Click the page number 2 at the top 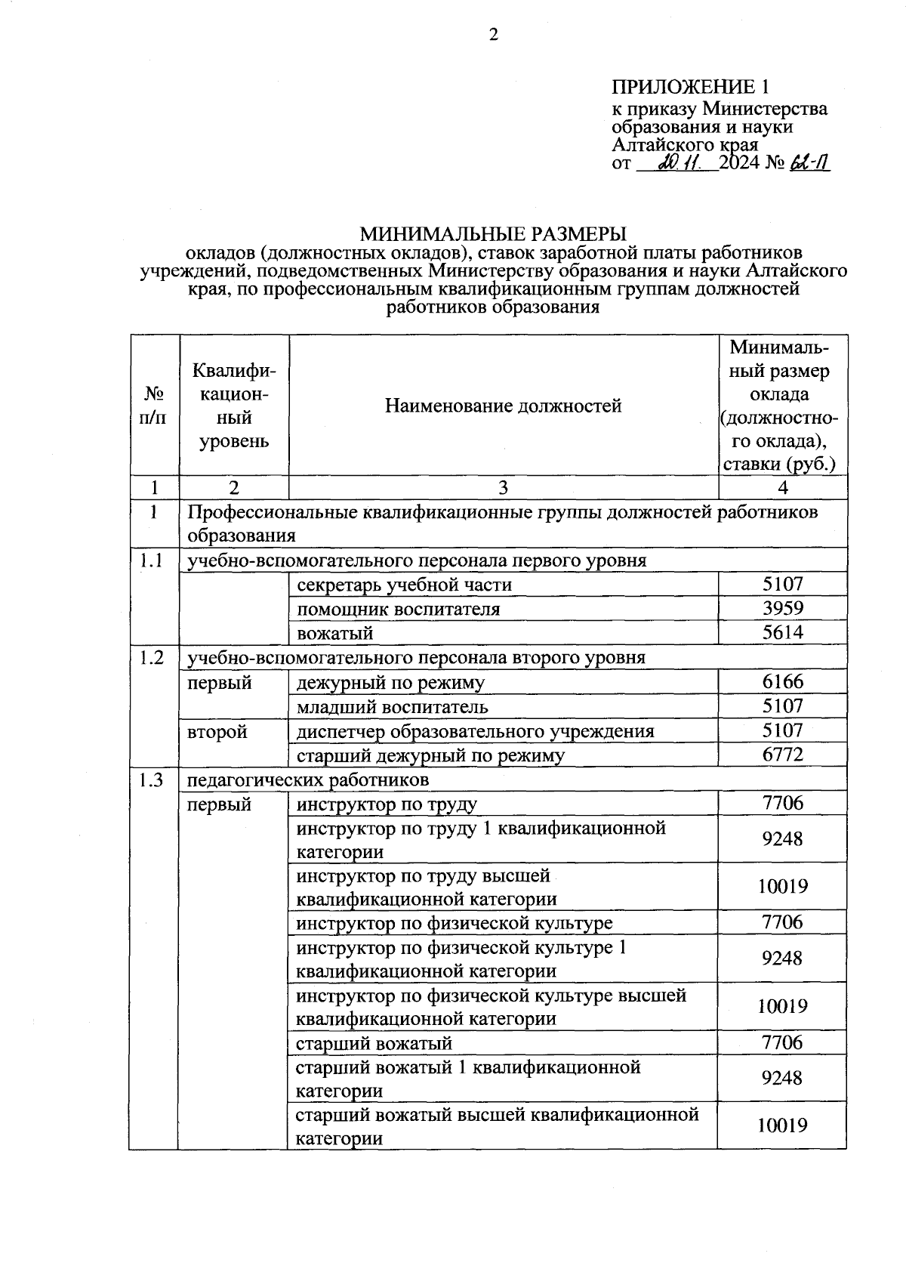[494, 35]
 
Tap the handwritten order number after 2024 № [809, 163]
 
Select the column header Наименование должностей [503, 406]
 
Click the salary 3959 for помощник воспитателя [782, 608]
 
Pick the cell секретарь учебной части [404, 585]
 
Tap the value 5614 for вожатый [782, 632]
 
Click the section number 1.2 [153, 657]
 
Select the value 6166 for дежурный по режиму [782, 682]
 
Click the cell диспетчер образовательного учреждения [475, 731]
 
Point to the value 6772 [782, 755]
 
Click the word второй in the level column [217, 731]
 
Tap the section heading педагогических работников [308, 779]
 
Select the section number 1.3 [153, 780]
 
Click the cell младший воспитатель [392, 707]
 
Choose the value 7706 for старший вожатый [782, 1043]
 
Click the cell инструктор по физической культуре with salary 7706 [454, 923]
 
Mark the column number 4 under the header [782, 488]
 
